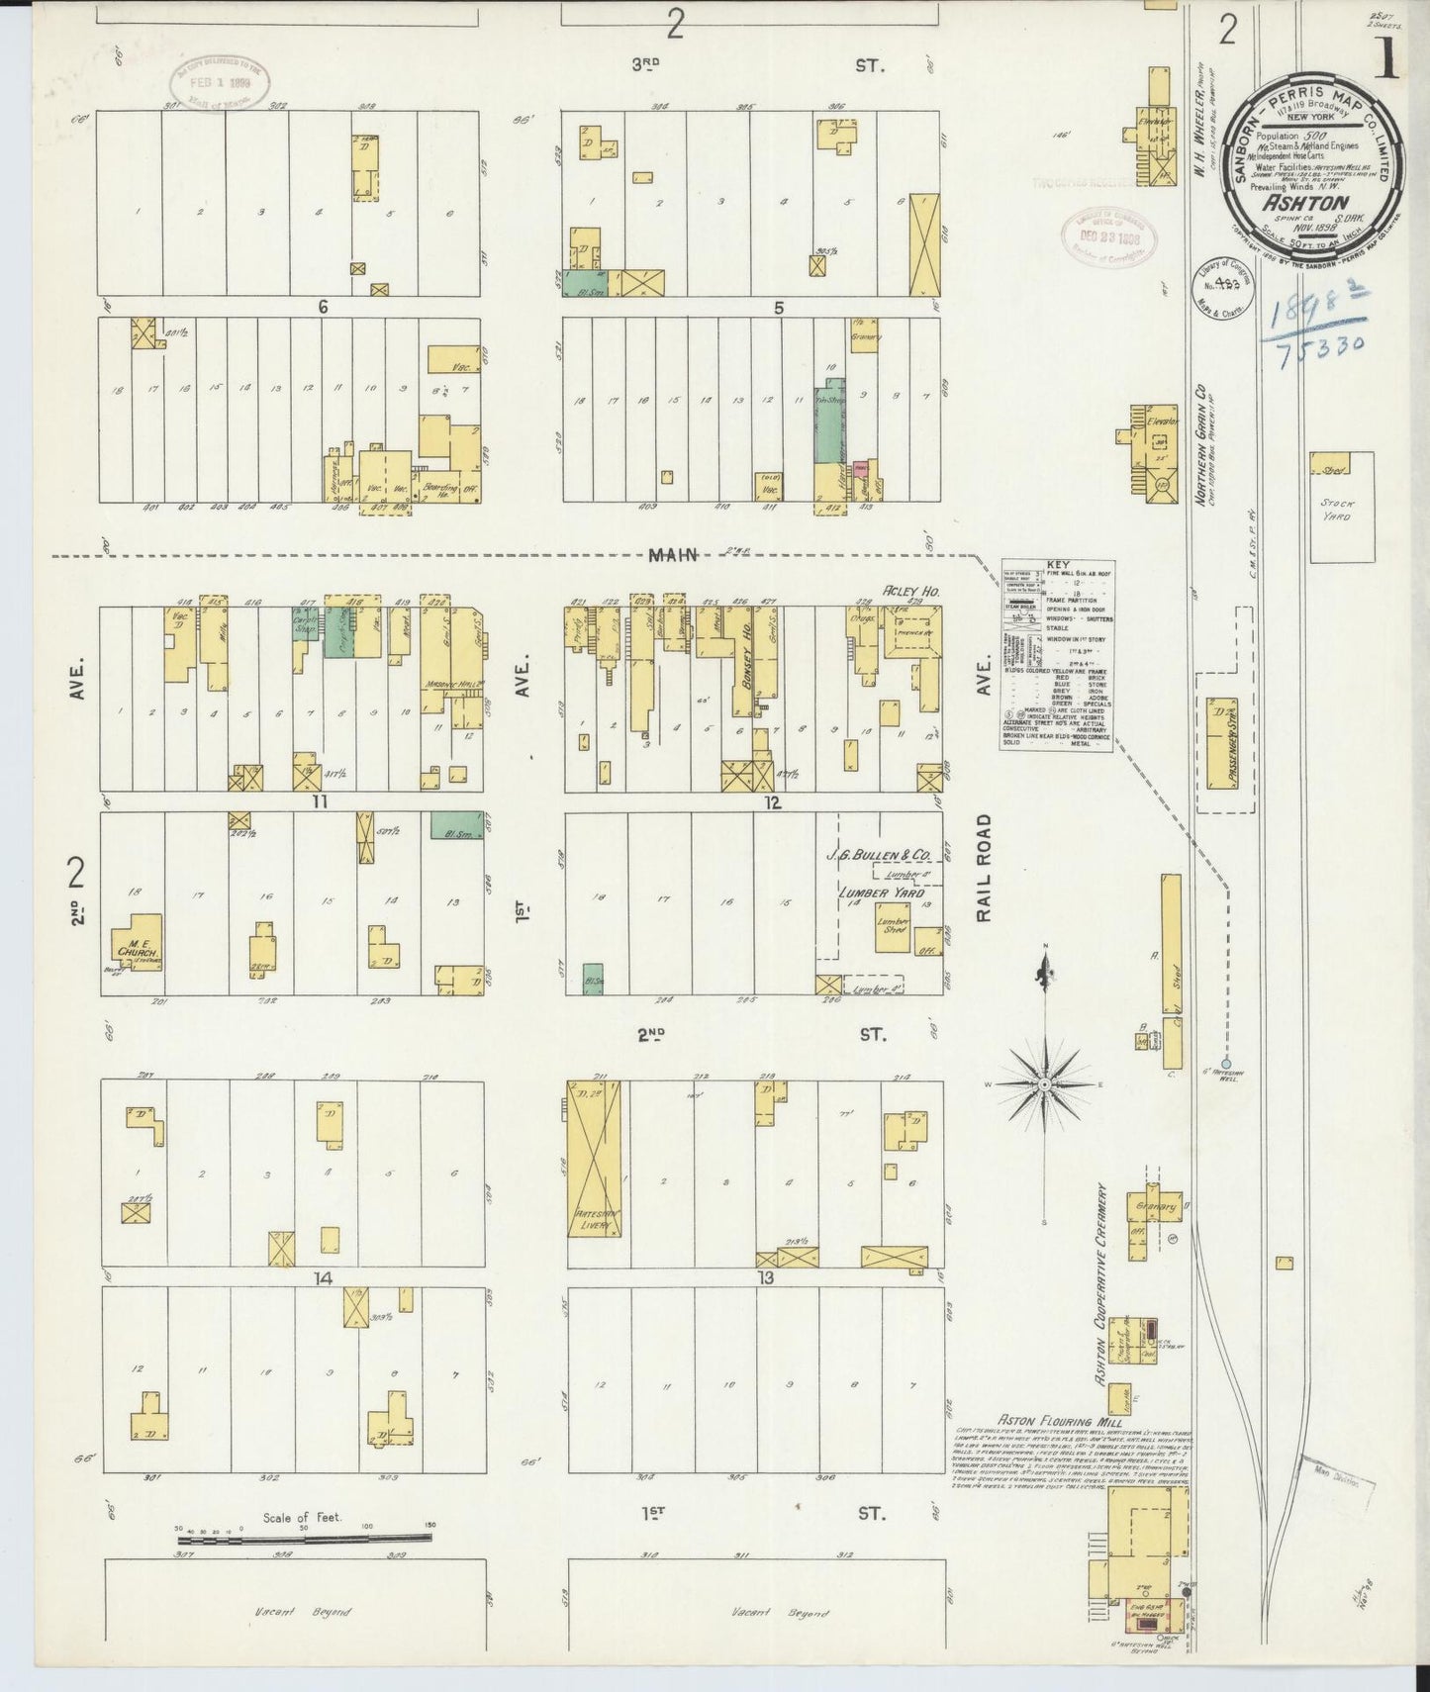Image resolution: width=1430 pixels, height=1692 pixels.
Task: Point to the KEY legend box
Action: coord(1055,656)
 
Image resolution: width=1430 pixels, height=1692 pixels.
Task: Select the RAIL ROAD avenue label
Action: coord(984,870)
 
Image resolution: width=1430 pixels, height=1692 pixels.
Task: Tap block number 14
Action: coord(322,1279)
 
